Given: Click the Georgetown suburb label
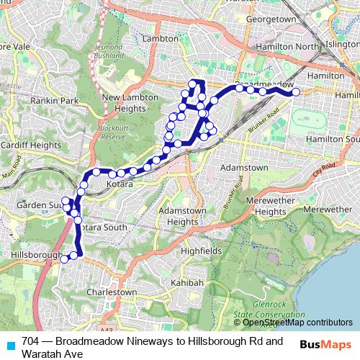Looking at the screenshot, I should (271, 19).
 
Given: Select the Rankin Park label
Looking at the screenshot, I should (54, 101).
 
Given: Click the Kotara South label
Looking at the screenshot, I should (102, 228).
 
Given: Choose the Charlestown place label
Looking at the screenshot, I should (111, 292).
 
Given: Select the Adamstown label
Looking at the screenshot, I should (243, 167).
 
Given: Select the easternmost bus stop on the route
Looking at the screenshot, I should (295, 91).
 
